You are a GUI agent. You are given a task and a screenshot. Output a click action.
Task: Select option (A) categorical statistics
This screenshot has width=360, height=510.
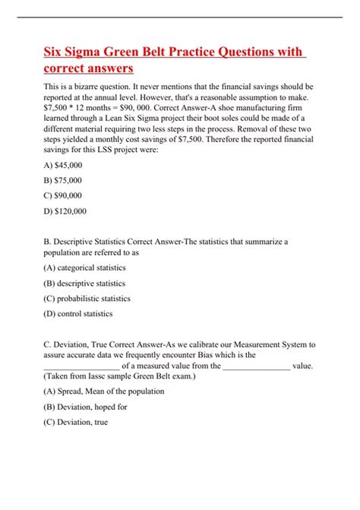click(85, 268)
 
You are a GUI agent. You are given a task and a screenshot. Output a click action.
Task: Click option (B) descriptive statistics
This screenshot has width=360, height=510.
click(85, 283)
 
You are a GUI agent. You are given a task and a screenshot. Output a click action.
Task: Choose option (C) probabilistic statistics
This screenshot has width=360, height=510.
click(87, 298)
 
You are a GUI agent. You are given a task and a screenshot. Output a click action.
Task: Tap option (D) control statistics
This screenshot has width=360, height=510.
click(78, 313)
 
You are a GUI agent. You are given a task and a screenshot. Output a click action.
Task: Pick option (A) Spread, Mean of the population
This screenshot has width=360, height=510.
click(104, 391)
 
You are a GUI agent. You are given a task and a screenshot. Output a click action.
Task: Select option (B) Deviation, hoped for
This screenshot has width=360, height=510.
click(85, 407)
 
